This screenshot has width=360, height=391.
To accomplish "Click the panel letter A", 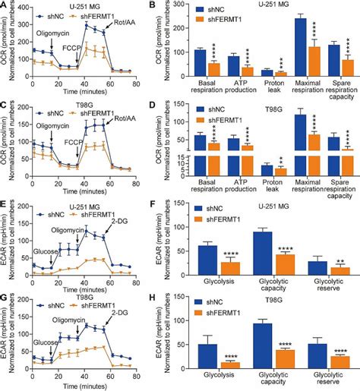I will point(5,5).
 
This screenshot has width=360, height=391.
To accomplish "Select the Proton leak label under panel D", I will point(265,187).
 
